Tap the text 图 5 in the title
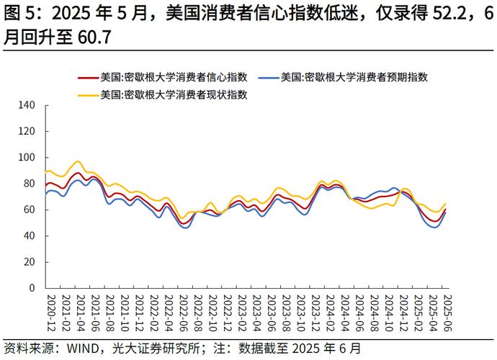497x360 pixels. coord(19,14)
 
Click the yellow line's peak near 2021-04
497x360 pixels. coord(78,161)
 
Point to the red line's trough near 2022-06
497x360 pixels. coord(184,223)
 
